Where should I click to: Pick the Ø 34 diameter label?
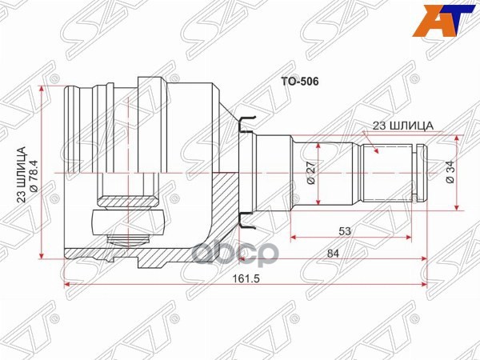click(450, 174)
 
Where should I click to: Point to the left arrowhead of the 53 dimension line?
click(294, 237)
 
